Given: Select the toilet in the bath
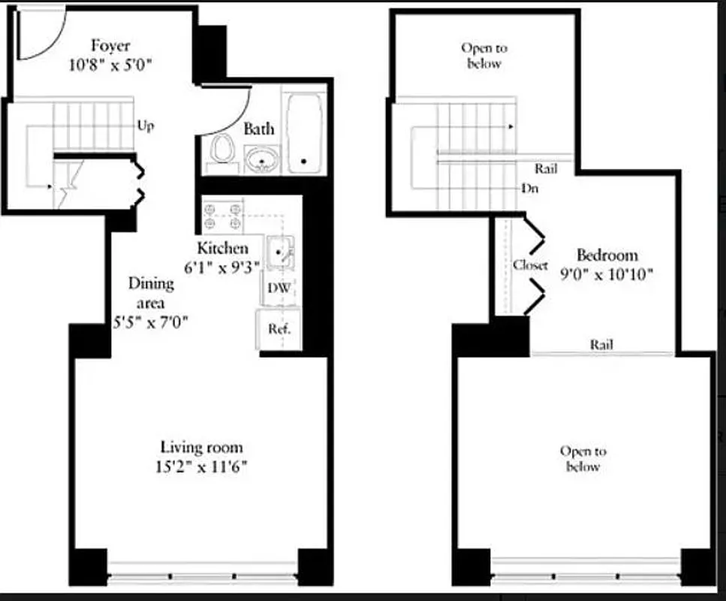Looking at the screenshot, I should coord(221,151).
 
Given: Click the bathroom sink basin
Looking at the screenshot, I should coord(261,159).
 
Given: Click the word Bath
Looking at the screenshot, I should coord(259,129).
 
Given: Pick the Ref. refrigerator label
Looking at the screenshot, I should coord(279,328).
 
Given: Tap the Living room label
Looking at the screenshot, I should coord(203,448).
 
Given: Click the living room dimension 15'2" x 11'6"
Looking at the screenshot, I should coord(203,467).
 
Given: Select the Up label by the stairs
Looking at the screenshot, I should coord(146,125).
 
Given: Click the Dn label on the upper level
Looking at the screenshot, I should coord(530,189).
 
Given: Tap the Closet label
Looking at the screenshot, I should coord(531,265).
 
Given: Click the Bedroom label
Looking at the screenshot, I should coord(607,255).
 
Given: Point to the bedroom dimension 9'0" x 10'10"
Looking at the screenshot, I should coord(607,274).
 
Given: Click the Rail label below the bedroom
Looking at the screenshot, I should coord(601,345).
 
